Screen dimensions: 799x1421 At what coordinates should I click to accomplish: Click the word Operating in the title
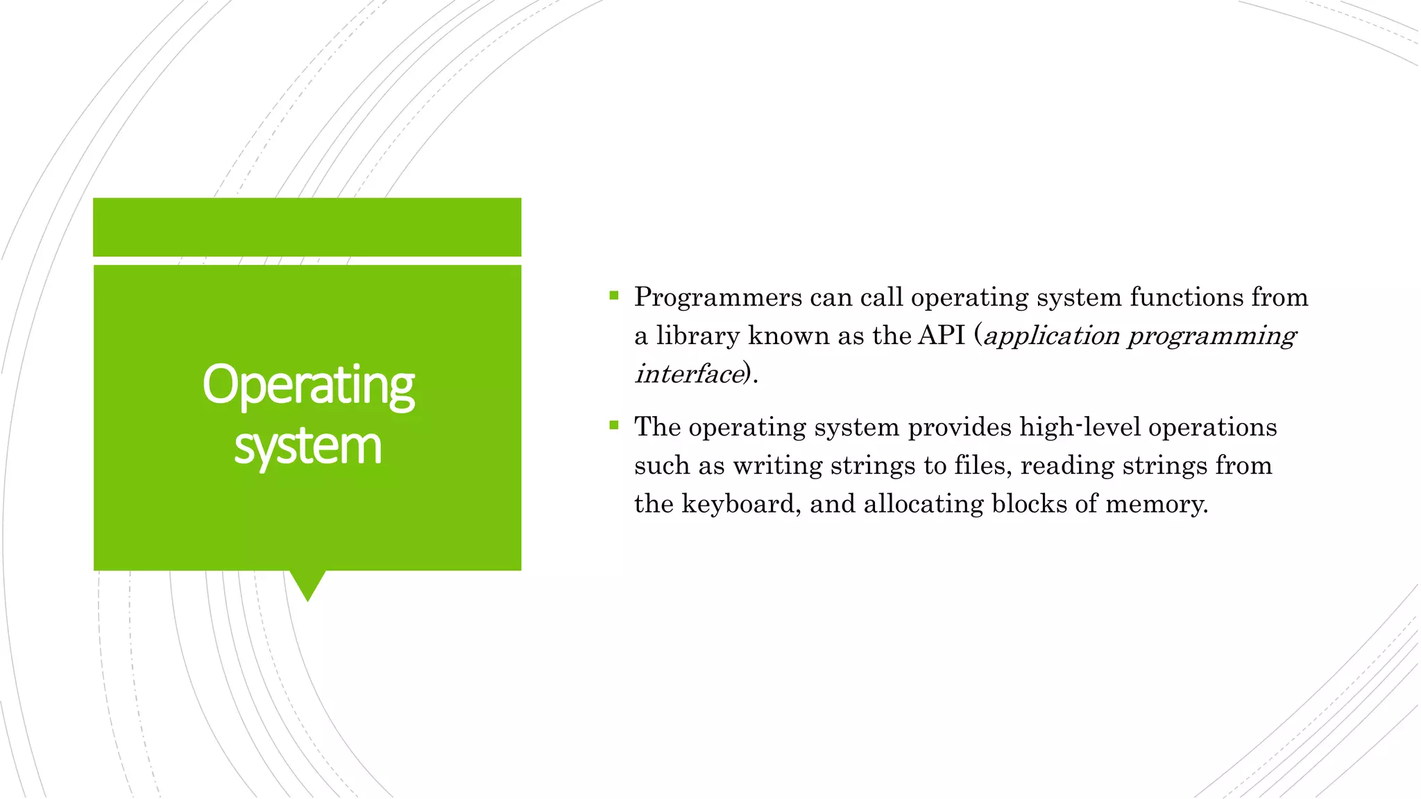tap(308, 386)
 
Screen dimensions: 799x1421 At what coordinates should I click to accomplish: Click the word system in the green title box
tap(308, 446)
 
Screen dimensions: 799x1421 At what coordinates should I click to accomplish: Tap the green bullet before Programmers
tap(613, 296)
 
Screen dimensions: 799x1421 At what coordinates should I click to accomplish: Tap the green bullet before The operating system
tap(613, 426)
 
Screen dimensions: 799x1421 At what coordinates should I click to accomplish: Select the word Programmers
tap(718, 298)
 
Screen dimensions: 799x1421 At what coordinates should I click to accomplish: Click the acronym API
tap(942, 336)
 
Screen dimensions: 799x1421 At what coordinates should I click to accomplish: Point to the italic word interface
tap(689, 374)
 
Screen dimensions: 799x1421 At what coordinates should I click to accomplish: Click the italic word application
tap(1051, 336)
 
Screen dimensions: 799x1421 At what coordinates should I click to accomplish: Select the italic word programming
tap(1211, 336)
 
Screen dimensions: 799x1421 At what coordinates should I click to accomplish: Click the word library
tap(698, 336)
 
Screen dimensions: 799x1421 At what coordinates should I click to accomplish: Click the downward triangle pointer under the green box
tap(307, 584)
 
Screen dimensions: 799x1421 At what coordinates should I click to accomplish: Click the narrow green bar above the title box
tap(307, 227)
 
